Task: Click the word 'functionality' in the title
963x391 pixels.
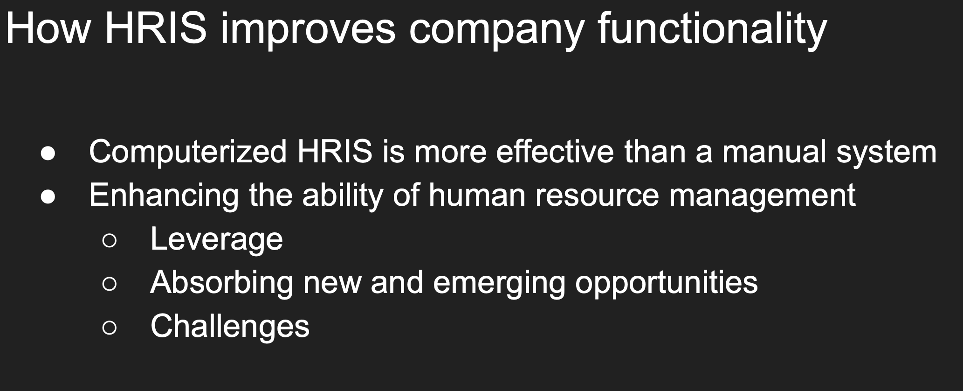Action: (x=712, y=29)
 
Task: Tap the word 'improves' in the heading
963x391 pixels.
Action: (x=308, y=29)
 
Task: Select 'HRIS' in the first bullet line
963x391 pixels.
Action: (x=335, y=151)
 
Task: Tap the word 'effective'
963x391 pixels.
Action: (x=555, y=151)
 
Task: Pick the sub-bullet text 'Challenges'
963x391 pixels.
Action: (x=230, y=326)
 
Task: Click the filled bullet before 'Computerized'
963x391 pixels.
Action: (x=48, y=154)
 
